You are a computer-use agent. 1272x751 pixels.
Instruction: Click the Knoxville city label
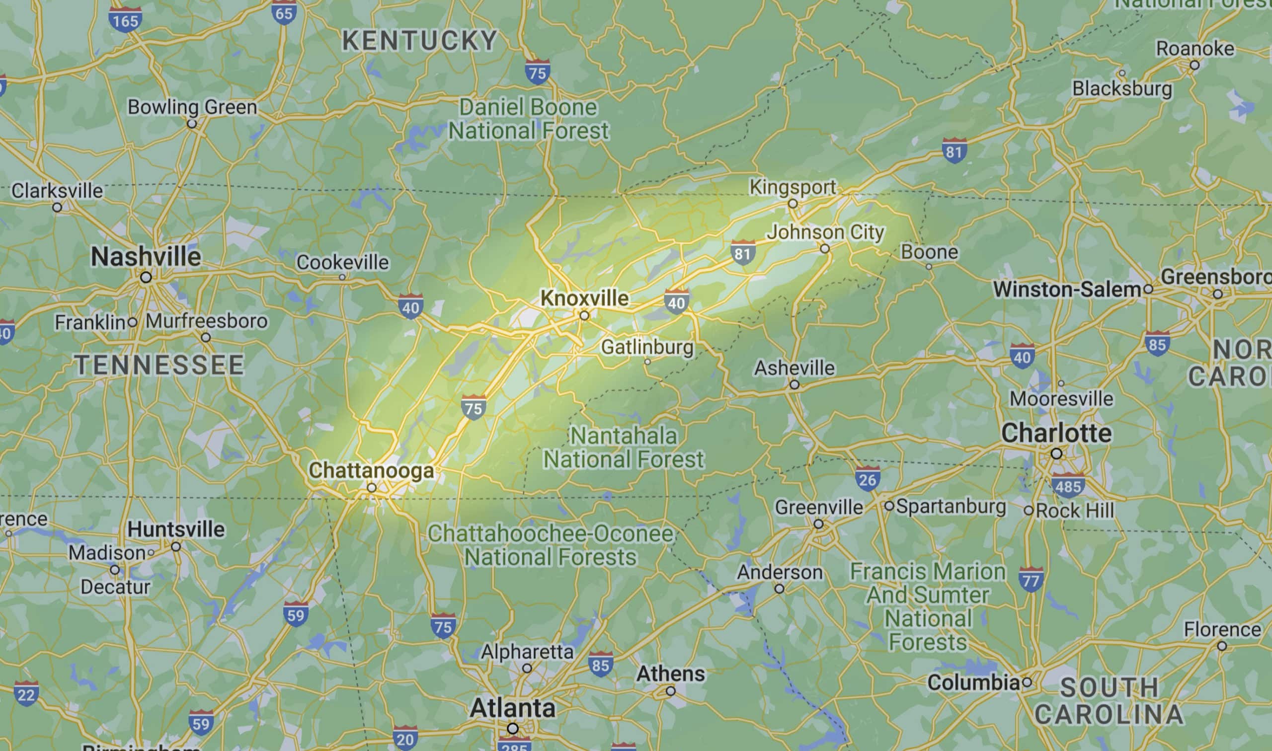pyautogui.click(x=584, y=298)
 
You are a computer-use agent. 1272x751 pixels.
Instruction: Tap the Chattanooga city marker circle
pyautogui.click(x=372, y=488)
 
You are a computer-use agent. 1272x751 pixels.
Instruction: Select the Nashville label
pyautogui.click(x=146, y=257)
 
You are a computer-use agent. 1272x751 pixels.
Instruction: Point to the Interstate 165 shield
pyautogui.click(x=125, y=20)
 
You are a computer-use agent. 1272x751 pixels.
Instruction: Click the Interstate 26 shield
pyautogui.click(x=867, y=479)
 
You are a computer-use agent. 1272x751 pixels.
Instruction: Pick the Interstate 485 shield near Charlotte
pyautogui.click(x=1068, y=486)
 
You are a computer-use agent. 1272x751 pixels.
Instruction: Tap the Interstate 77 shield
pyautogui.click(x=1031, y=581)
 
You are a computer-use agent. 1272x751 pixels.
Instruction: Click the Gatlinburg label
pyautogui.click(x=647, y=347)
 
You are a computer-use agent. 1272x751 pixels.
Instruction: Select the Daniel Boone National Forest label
pyautogui.click(x=528, y=119)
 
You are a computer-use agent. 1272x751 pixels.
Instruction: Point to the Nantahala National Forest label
pyautogui.click(x=623, y=448)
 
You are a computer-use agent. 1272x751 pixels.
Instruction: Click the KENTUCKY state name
pyautogui.click(x=420, y=41)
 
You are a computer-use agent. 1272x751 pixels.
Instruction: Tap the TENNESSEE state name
pyautogui.click(x=159, y=365)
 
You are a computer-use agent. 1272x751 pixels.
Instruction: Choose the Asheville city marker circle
pyautogui.click(x=794, y=384)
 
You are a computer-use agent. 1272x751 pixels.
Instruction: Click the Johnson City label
pyautogui.click(x=825, y=232)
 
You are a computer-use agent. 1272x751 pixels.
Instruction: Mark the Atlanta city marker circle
pyautogui.click(x=513, y=728)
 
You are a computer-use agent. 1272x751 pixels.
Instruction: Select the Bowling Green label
pyautogui.click(x=192, y=107)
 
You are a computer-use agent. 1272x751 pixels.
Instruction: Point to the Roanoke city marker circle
pyautogui.click(x=1194, y=65)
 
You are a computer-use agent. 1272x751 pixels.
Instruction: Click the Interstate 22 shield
pyautogui.click(x=26, y=694)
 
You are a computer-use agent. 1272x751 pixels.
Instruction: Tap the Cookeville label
pyautogui.click(x=343, y=262)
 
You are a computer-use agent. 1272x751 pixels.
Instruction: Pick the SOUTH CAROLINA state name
pyautogui.click(x=1109, y=701)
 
